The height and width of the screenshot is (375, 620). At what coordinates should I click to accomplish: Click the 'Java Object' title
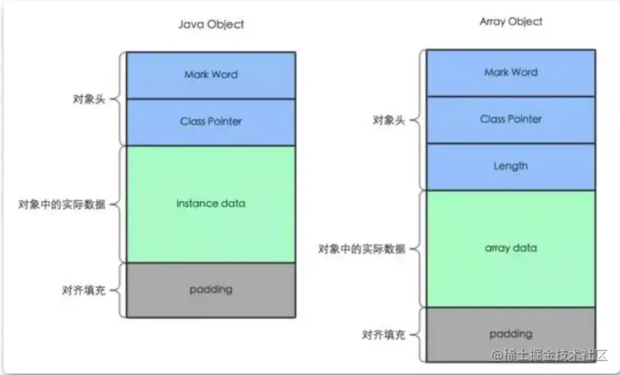point(211,24)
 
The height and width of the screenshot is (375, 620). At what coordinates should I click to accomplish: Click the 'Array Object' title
point(511,22)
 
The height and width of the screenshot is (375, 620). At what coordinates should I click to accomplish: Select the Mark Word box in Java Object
point(211,75)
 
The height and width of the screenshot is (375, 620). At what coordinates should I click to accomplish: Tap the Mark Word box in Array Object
point(511,73)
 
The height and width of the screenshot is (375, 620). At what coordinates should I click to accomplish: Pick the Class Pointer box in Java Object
point(211,121)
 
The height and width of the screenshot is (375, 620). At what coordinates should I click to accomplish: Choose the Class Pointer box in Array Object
point(511,119)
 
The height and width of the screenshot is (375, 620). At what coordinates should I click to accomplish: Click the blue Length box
point(511,166)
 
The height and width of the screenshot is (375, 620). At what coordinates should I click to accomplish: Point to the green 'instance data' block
point(211,204)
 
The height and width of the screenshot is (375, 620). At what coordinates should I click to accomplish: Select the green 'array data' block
point(511,248)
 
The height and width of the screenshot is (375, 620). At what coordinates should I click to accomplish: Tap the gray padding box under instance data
point(211,289)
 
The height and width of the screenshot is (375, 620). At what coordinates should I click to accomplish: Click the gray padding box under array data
point(511,334)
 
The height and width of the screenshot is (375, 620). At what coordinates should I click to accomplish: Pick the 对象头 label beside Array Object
point(390,120)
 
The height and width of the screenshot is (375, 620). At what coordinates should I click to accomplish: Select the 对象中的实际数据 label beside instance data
point(62,204)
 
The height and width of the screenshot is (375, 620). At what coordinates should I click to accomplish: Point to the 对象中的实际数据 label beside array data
point(362,249)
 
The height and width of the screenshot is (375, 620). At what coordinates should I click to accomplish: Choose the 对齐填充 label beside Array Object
point(384,334)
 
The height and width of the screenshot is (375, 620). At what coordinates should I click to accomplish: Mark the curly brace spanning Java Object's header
point(118,98)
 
